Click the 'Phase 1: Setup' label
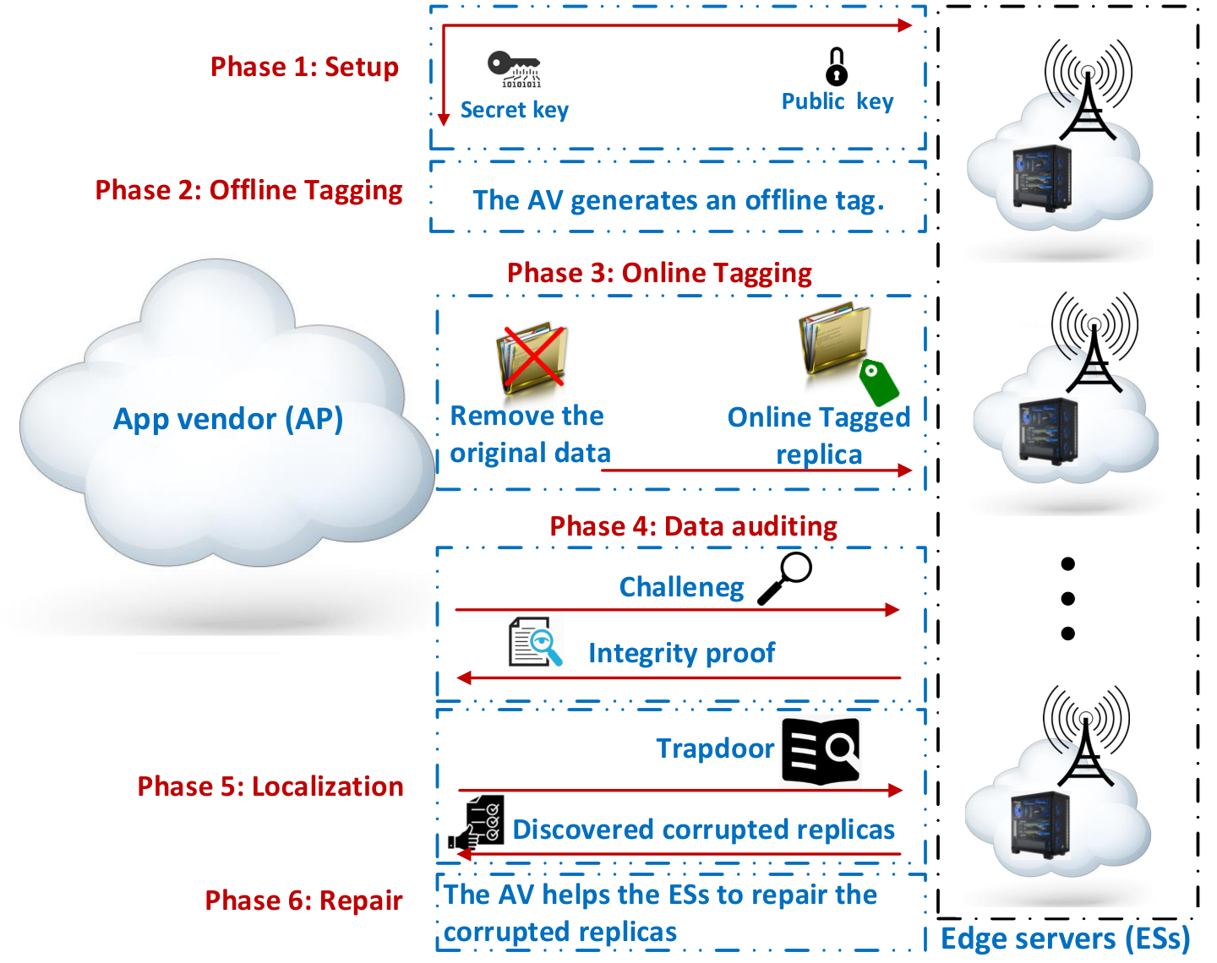pyautogui.click(x=304, y=67)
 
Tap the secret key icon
pyautogui.click(x=514, y=69)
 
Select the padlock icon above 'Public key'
pyautogui.click(x=837, y=66)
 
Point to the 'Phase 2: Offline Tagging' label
pyautogui.click(x=248, y=191)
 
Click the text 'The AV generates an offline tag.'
pyautogui.click(x=679, y=201)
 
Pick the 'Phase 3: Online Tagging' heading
pyautogui.click(x=659, y=274)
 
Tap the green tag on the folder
pyautogui.click(x=879, y=383)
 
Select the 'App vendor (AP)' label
pyautogui.click(x=228, y=420)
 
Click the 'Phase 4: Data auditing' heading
pyautogui.click(x=693, y=526)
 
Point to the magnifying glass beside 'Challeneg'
pyautogui.click(x=784, y=578)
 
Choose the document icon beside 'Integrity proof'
pyautogui.click(x=535, y=642)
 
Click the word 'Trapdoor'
pyautogui.click(x=715, y=748)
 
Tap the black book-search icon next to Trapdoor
pyautogui.click(x=821, y=752)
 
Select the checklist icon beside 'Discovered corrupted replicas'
pyautogui.click(x=476, y=824)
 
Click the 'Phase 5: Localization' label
pyautogui.click(x=270, y=786)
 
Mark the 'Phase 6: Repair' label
pyautogui.click(x=303, y=900)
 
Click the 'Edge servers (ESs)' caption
pyautogui.click(x=1066, y=939)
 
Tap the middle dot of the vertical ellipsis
pyautogui.click(x=1067, y=598)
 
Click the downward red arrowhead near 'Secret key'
pyautogui.click(x=444, y=119)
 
